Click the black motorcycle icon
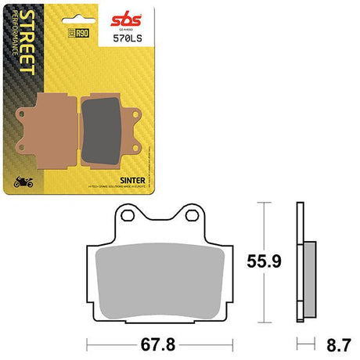point(24,185)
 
